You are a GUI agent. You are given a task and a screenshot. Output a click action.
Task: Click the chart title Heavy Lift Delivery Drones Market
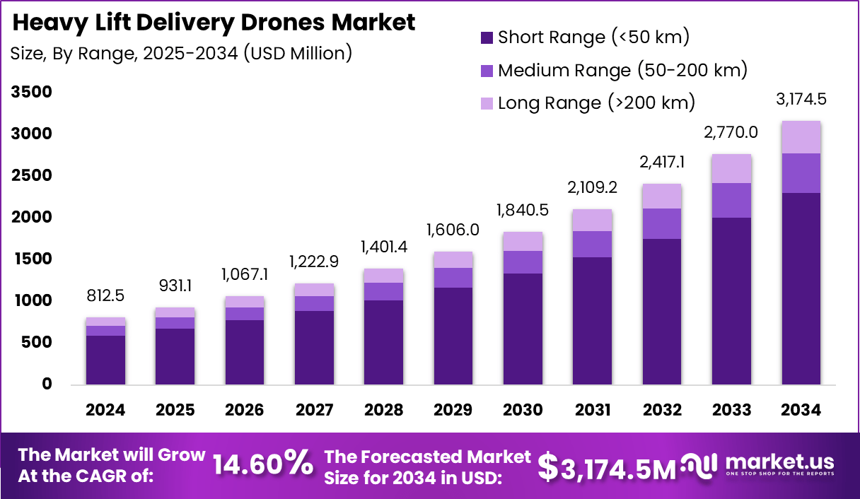point(214,23)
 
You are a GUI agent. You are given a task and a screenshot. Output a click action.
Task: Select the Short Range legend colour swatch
point(486,37)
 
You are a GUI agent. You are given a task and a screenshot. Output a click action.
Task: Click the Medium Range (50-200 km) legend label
point(622,70)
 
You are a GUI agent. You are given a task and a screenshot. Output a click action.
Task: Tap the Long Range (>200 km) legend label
point(596,102)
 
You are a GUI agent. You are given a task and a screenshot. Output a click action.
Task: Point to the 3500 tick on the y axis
point(31,92)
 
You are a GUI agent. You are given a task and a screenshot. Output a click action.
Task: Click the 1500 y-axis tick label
point(31,259)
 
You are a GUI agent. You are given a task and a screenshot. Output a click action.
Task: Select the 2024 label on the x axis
point(105,411)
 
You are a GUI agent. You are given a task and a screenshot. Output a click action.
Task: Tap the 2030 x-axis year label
point(523,411)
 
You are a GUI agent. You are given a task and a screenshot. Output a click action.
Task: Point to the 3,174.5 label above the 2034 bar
point(801,100)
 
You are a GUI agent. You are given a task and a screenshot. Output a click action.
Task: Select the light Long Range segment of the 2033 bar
point(731,168)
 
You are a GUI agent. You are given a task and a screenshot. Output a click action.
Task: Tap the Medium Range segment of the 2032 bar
point(662,223)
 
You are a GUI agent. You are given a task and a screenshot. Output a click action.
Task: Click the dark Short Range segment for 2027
point(314,348)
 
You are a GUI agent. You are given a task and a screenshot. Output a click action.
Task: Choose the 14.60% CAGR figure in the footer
point(263,464)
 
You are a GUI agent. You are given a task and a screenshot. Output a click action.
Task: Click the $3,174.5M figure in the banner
point(607,466)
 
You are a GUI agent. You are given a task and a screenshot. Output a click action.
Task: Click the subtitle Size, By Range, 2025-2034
point(181,53)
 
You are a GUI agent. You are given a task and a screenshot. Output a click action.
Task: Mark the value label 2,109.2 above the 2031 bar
point(593,187)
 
